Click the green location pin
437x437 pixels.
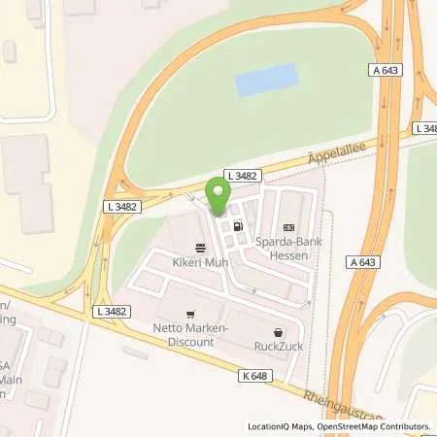(218, 196)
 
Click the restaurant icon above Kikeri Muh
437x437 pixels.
(200, 248)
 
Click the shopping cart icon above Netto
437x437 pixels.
(189, 314)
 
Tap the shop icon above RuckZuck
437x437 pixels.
(280, 330)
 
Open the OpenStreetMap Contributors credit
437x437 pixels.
(375, 426)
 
